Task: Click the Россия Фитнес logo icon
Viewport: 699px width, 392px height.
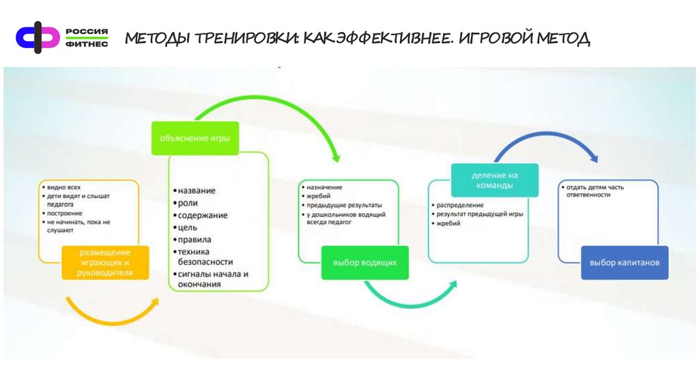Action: point(38,36)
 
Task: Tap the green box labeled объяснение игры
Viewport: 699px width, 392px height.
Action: point(195,137)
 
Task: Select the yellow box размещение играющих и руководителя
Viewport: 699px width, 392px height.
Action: point(106,262)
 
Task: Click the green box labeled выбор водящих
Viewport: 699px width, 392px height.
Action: point(365,262)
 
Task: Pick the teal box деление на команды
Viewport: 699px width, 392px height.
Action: point(494,180)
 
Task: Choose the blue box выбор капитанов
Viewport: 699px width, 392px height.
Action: point(624,262)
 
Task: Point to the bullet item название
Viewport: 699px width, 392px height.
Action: point(197,191)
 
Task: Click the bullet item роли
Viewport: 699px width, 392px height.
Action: point(188,203)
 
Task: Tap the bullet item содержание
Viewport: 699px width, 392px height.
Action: point(202,215)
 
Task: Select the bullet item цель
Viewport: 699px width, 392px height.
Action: point(188,227)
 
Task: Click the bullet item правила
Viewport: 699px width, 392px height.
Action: point(195,240)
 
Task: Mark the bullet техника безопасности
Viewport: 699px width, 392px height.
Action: point(205,257)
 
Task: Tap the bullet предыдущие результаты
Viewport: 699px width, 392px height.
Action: point(344,205)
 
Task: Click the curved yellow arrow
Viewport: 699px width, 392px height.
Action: point(109,313)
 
